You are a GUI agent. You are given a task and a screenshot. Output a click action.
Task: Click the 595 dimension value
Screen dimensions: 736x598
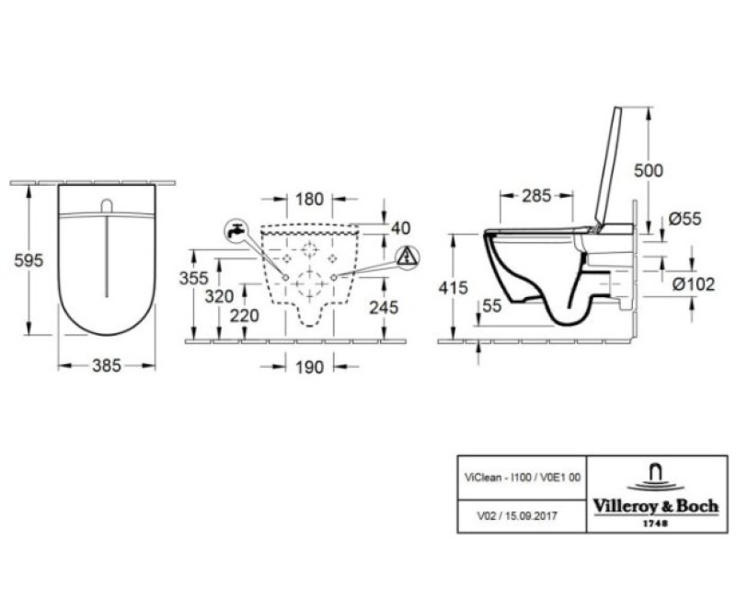tap(29, 260)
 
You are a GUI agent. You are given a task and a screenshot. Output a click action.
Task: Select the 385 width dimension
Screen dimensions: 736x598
tap(107, 365)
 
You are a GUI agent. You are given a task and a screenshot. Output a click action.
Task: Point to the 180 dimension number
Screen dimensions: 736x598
tap(310, 199)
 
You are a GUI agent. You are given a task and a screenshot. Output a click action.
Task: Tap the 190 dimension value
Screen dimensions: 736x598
tap(310, 367)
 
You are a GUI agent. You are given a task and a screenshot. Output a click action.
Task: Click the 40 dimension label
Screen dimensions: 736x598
tap(400, 228)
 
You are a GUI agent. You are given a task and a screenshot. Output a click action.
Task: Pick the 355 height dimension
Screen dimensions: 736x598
tap(193, 279)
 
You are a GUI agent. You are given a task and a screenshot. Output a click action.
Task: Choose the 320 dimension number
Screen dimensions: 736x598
tap(219, 296)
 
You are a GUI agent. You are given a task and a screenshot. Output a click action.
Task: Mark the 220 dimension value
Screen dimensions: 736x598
tap(244, 316)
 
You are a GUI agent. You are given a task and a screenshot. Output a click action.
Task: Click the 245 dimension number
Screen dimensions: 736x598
tap(384, 307)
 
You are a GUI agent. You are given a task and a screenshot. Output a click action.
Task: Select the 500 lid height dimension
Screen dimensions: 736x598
tap(649, 170)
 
